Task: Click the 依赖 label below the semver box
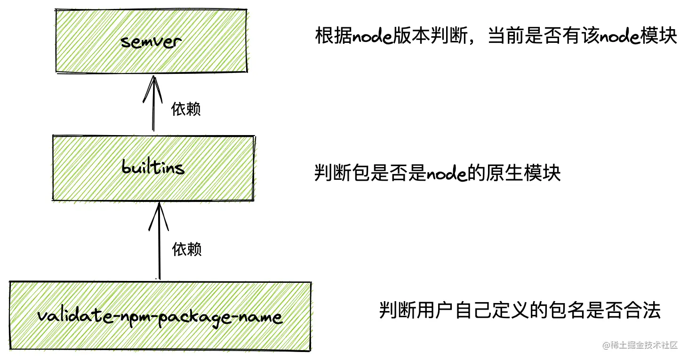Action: tap(186, 109)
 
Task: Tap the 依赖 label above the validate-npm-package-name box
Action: tap(187, 249)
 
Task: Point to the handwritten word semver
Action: tap(151, 42)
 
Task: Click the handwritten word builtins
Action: tap(153, 168)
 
